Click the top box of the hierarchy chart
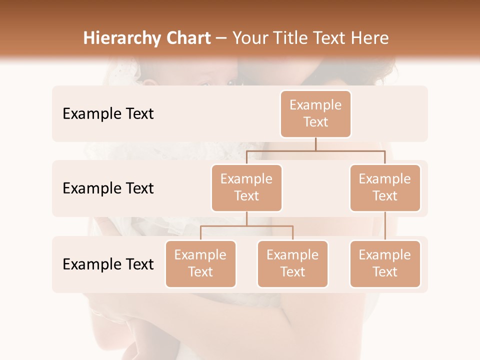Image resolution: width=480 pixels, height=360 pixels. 315,114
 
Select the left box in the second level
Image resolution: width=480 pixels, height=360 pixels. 246,188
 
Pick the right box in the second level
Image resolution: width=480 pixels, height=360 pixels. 385,188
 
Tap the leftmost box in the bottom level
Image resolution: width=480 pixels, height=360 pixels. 200,264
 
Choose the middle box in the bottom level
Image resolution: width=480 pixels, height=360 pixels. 292,264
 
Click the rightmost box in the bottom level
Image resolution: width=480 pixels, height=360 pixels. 385,264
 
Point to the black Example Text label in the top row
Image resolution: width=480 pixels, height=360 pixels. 108,114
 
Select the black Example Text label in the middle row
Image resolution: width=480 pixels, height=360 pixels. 108,188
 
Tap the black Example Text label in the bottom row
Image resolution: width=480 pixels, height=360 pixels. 108,264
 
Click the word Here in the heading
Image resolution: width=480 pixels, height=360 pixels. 370,38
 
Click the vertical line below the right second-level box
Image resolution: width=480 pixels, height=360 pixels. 385,226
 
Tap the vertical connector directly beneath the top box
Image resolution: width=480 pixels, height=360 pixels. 315,144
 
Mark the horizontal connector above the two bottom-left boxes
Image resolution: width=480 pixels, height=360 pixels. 246,226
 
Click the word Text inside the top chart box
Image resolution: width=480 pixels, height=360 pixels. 315,122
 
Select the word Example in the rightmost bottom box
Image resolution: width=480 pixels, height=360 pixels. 385,255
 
